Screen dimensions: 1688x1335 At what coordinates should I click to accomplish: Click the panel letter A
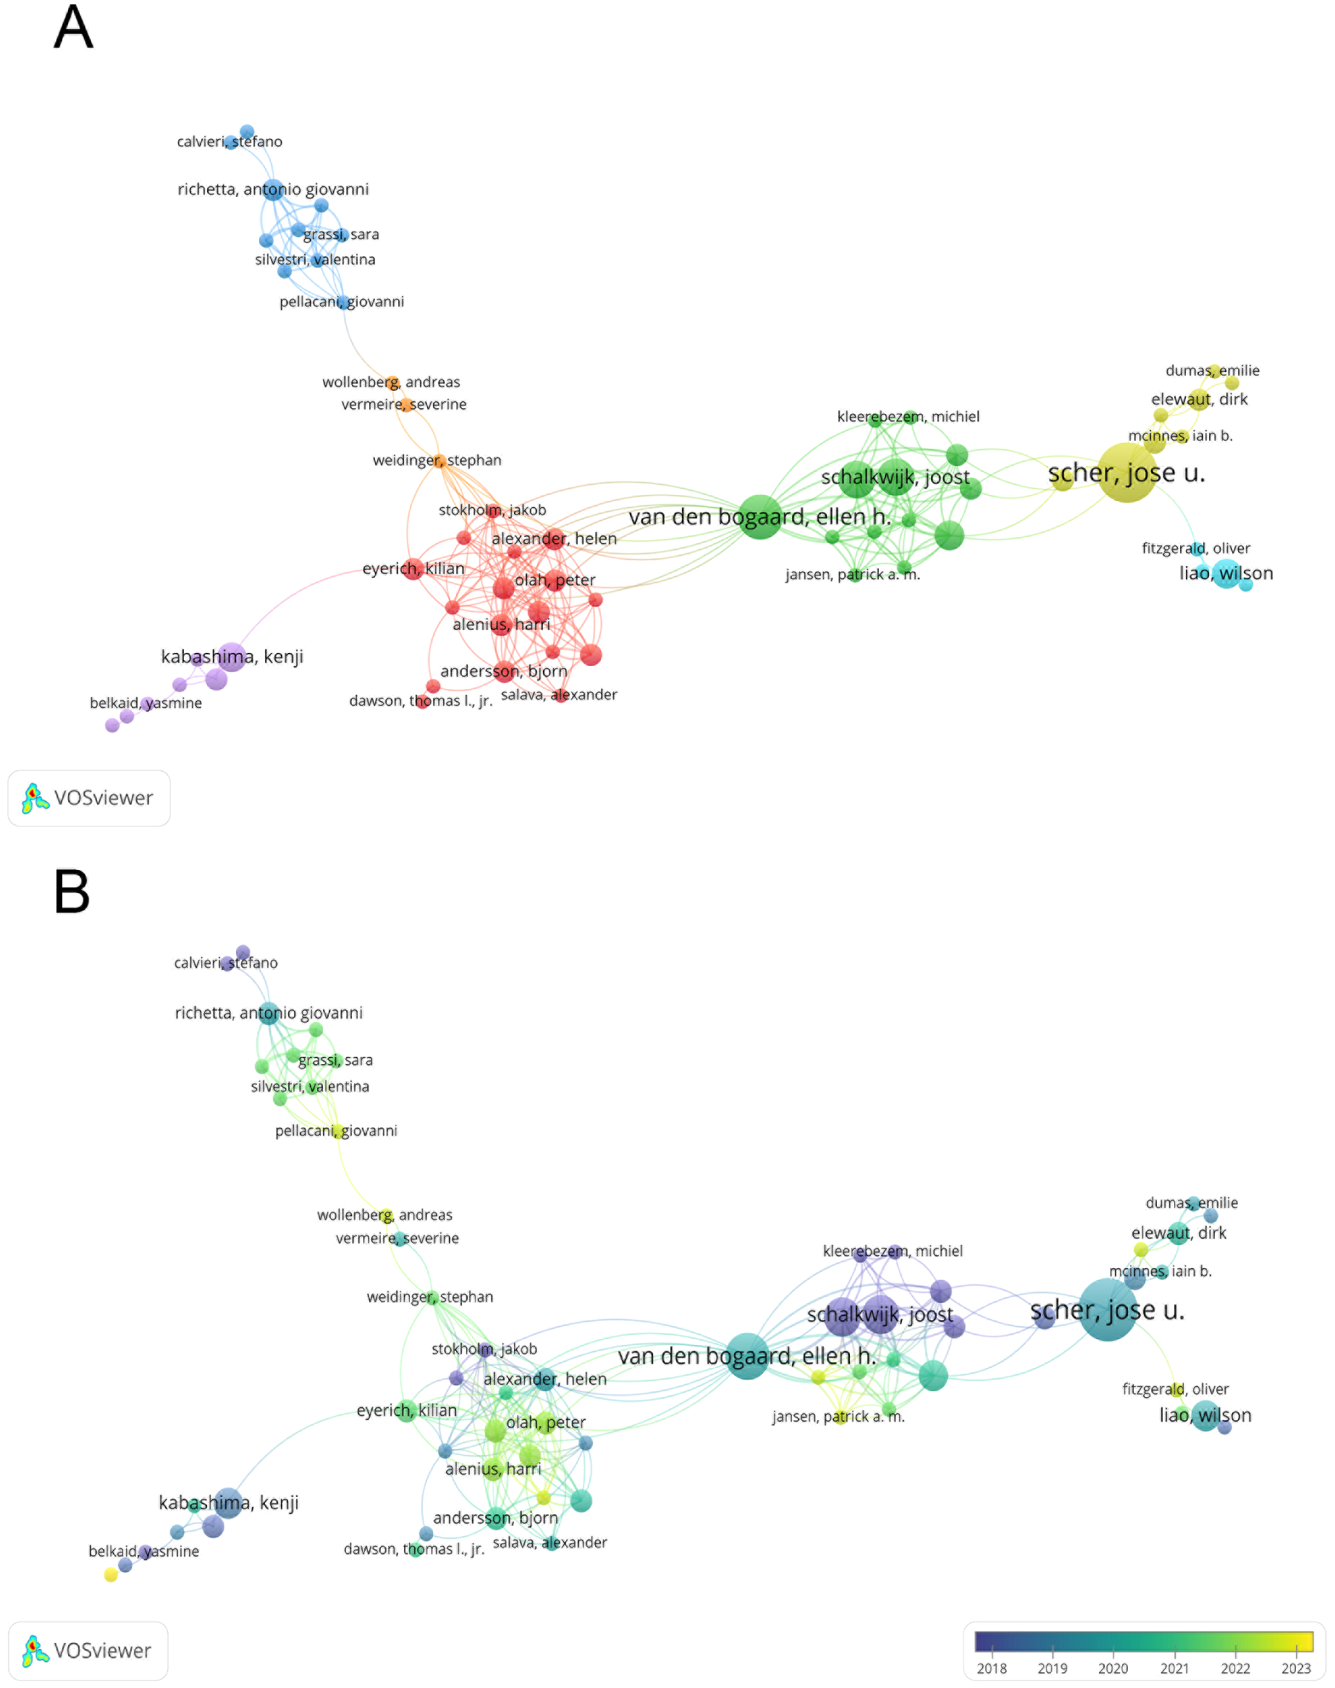pos(73,28)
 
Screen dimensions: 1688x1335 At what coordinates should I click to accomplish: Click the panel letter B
pos(72,892)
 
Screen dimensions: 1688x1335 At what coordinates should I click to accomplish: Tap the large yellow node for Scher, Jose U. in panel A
pos(1126,472)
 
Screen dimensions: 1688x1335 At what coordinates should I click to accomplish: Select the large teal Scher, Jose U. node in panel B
pos(1108,1309)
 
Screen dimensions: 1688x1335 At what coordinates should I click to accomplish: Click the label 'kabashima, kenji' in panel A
pos(232,657)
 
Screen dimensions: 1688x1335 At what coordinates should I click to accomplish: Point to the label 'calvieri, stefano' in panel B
pos(225,963)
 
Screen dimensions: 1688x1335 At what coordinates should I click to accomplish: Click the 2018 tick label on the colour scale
pos(991,1668)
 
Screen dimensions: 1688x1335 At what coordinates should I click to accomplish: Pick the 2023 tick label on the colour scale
pos(1295,1668)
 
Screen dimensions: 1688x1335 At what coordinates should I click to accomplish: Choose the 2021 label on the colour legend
pos(1174,1668)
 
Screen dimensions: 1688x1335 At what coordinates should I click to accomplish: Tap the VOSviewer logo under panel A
pos(89,798)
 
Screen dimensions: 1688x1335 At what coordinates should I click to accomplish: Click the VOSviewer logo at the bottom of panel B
pos(88,1650)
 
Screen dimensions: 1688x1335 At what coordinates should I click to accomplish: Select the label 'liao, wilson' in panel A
pos(1226,573)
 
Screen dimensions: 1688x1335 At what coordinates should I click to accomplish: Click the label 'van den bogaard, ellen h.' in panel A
pos(759,517)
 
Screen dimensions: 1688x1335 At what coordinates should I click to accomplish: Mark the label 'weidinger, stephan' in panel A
pos(437,460)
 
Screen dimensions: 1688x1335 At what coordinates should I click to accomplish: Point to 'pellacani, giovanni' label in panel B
pos(336,1131)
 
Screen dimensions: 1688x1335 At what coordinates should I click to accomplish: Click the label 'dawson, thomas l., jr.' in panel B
pos(414,1549)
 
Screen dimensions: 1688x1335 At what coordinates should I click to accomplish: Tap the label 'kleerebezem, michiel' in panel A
pos(907,416)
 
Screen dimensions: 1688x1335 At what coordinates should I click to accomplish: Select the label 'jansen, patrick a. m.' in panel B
pos(838,1417)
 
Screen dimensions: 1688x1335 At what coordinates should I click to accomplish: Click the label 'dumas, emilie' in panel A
pos(1211,371)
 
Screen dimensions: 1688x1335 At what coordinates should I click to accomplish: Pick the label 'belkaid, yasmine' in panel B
pos(144,1551)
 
